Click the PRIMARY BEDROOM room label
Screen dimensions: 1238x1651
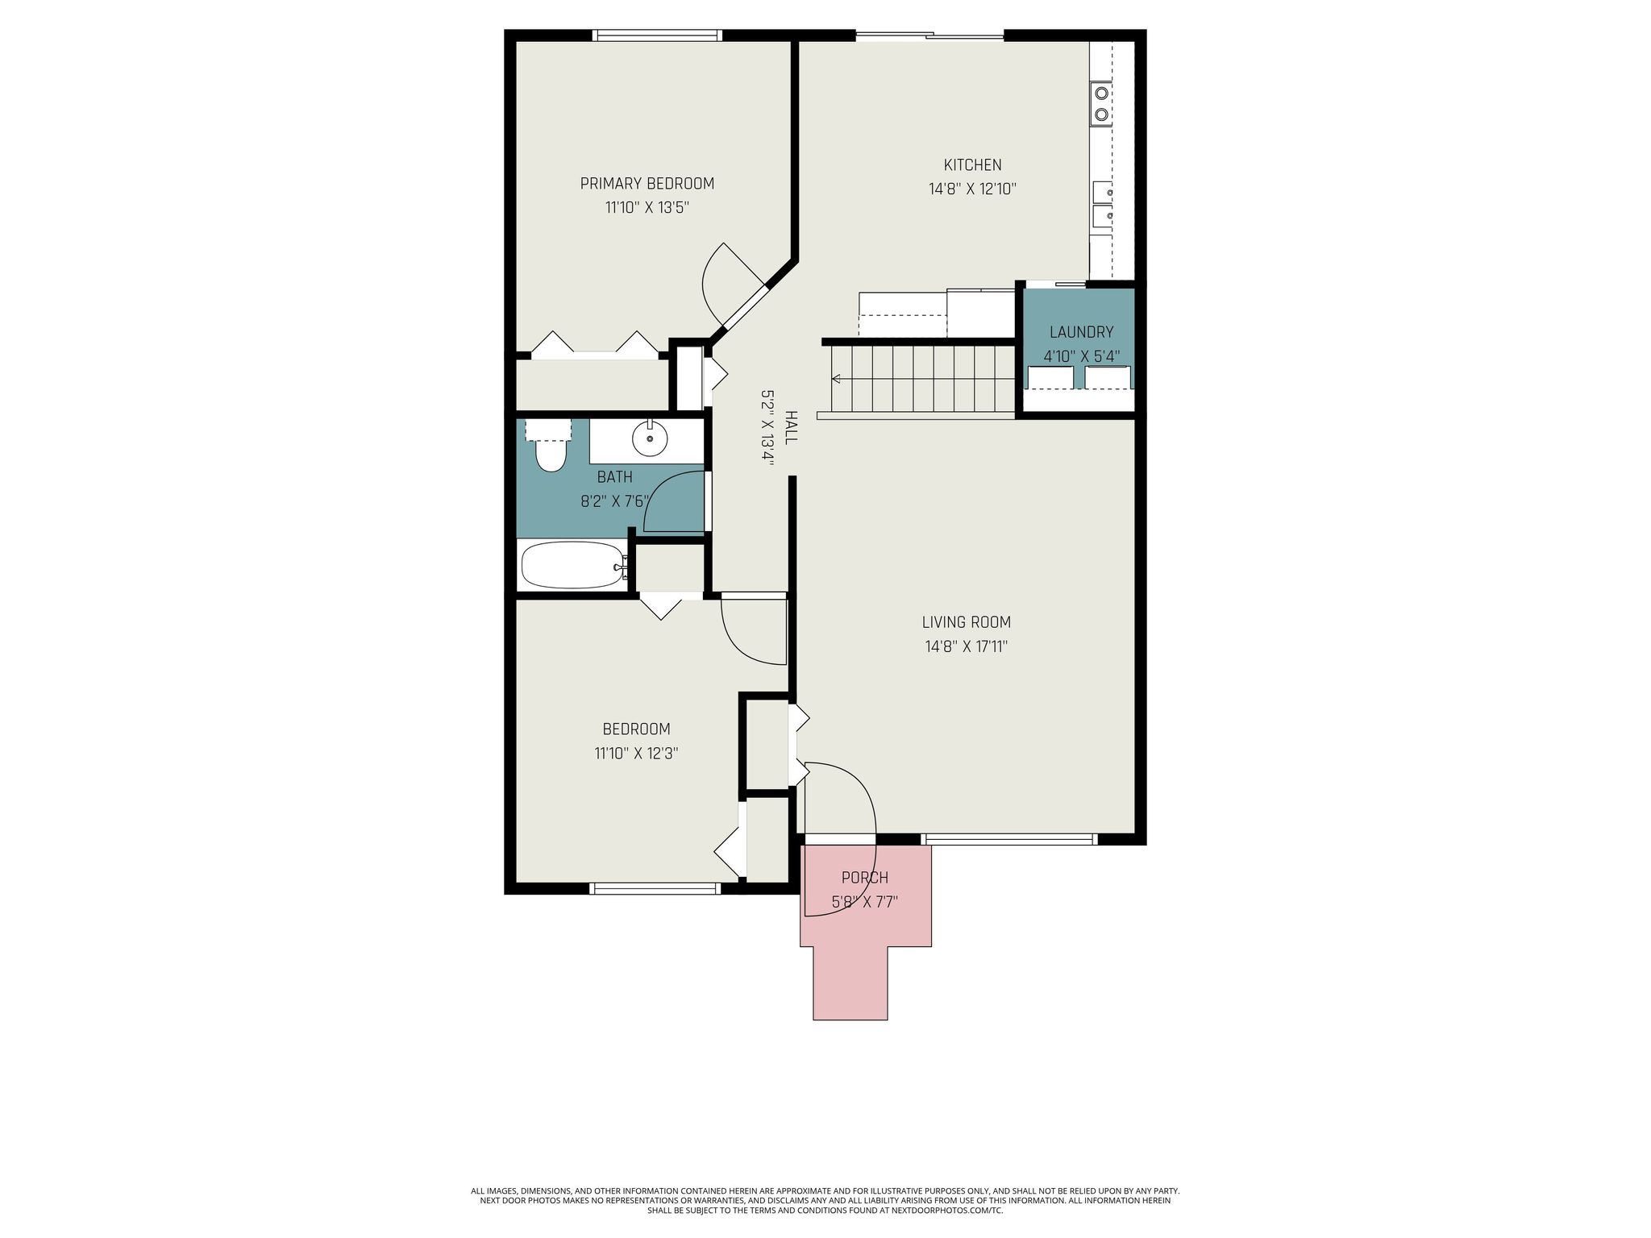(x=647, y=184)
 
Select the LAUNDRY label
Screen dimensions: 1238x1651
(x=1081, y=332)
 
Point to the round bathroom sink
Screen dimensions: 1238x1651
(x=650, y=440)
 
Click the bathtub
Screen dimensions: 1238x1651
(x=573, y=565)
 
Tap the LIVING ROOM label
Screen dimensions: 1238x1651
(x=966, y=622)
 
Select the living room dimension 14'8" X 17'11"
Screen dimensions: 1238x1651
(x=966, y=646)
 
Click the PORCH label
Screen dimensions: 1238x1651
(x=864, y=878)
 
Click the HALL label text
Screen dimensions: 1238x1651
(x=791, y=427)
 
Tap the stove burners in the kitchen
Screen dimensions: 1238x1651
(x=1100, y=104)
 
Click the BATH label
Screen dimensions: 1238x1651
(x=614, y=477)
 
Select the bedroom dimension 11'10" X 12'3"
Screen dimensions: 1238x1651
(x=636, y=754)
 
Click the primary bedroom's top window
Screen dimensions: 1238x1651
(x=657, y=35)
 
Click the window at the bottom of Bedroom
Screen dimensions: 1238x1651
(x=654, y=888)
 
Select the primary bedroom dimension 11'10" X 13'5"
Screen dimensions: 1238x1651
(x=647, y=208)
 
